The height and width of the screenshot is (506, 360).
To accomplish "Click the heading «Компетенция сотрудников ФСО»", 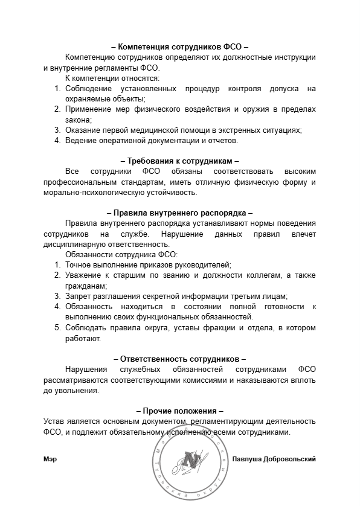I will pyautogui.click(x=179, y=46).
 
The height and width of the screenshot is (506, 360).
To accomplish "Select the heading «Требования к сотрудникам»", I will pyautogui.click(x=179, y=161).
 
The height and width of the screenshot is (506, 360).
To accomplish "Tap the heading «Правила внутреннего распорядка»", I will pyautogui.click(x=179, y=213).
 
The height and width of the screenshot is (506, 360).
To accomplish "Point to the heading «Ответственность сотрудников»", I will pyautogui.click(x=179, y=358).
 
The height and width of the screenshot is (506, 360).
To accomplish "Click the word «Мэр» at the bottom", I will pyautogui.click(x=50, y=459).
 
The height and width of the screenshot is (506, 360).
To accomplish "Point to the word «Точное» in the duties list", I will pyautogui.click(x=80, y=264).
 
